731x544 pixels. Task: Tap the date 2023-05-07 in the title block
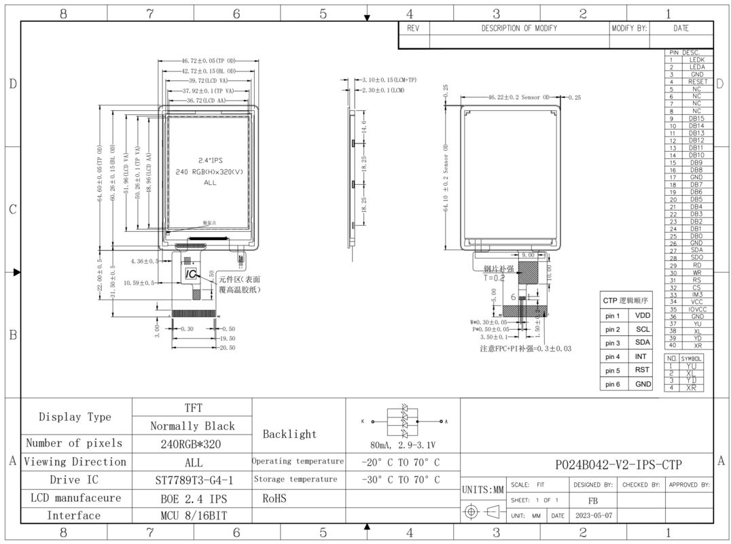click(593, 515)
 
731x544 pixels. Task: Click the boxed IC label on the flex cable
click(192, 273)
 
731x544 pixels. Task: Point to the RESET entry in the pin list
click(697, 82)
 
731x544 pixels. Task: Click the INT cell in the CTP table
click(642, 356)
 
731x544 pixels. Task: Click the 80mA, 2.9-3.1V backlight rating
click(403, 445)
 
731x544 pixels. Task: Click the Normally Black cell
click(192, 426)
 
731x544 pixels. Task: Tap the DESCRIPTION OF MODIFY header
click(518, 29)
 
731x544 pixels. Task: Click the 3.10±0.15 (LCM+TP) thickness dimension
click(389, 80)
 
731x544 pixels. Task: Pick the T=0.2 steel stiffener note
click(494, 277)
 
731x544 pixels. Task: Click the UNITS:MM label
click(483, 490)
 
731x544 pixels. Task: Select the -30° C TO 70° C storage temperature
click(401, 479)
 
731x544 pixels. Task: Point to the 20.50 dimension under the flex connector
click(227, 347)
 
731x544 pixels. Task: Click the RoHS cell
click(274, 498)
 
